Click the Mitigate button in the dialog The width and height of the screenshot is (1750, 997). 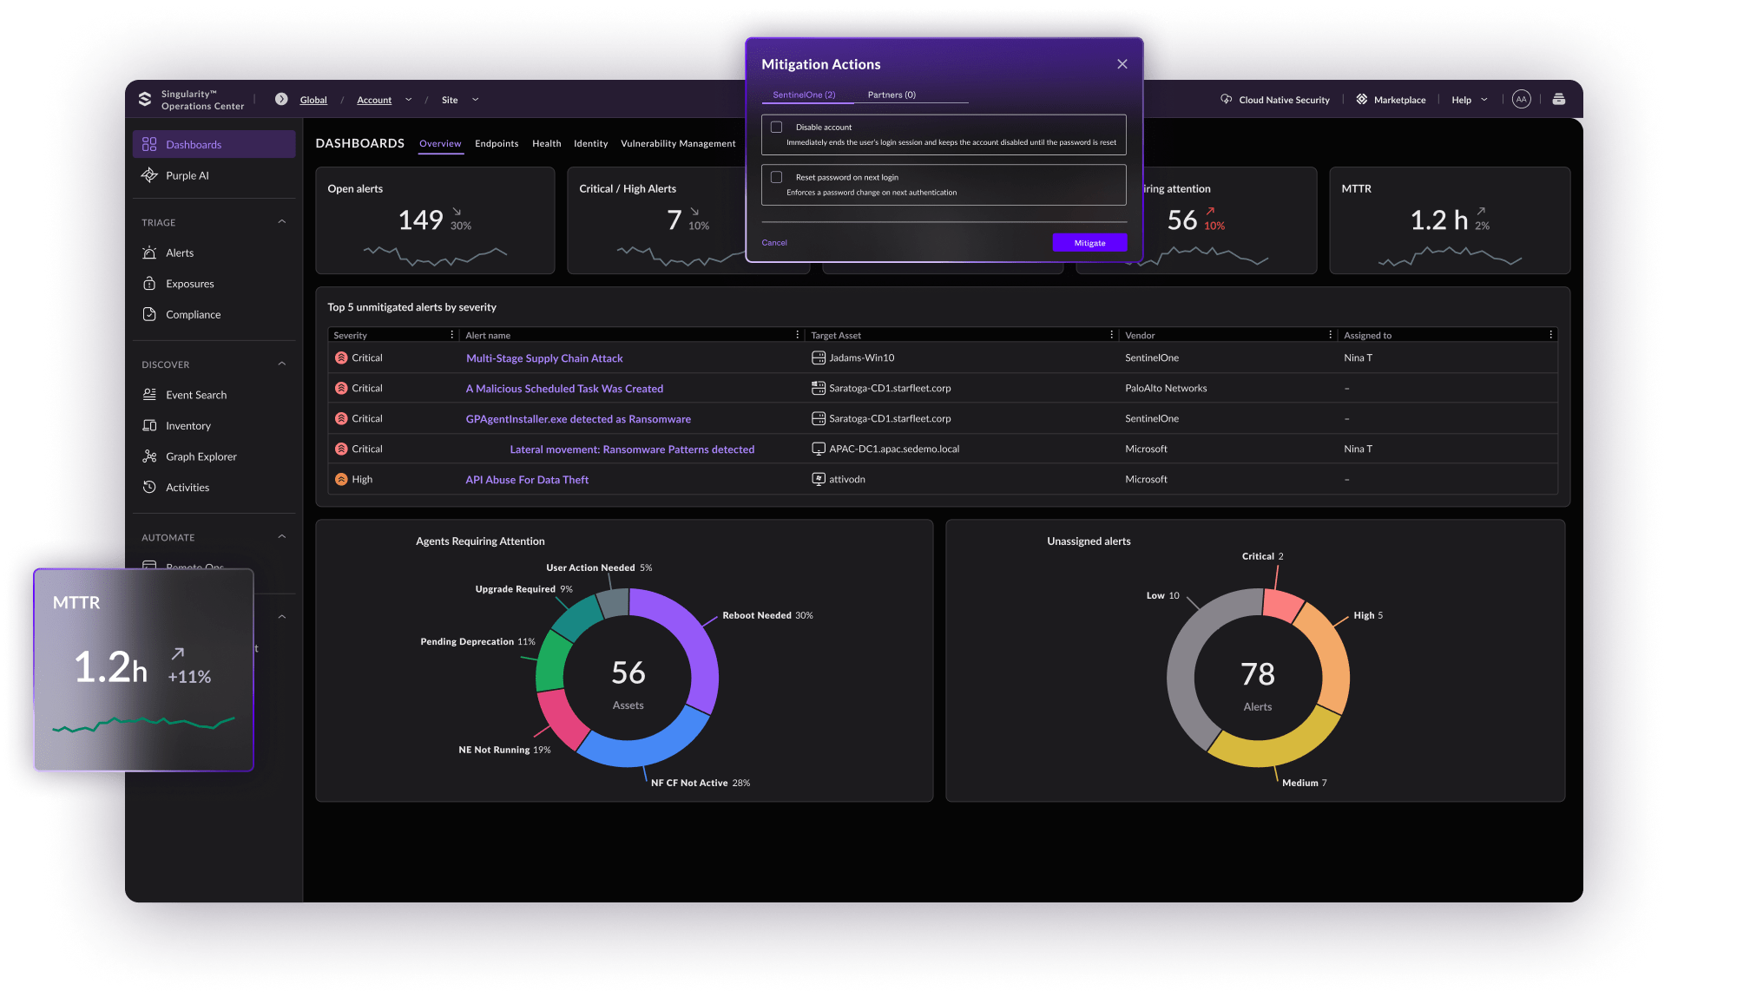[x=1089, y=243]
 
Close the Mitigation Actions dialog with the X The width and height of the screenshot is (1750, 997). [x=1122, y=64]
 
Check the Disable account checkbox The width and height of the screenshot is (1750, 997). [x=777, y=128]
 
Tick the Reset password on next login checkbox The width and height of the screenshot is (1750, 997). [x=777, y=177]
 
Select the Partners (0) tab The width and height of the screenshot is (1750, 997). [x=891, y=95]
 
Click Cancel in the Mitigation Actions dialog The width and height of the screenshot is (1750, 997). [x=774, y=243]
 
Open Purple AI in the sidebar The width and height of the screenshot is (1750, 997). [x=187, y=175]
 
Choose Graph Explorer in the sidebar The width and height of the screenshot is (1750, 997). [x=201, y=456]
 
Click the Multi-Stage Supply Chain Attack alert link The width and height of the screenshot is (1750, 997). [x=544, y=358]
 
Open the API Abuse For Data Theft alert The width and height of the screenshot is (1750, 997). [x=527, y=480]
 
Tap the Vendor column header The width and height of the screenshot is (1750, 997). [x=1140, y=336]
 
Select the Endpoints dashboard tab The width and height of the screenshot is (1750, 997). [x=497, y=144]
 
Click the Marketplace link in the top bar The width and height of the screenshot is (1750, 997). [x=1399, y=100]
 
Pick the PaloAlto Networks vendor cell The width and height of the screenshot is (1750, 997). [x=1166, y=389]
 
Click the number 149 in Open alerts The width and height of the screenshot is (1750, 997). [x=421, y=220]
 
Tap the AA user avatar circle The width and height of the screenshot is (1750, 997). [x=1521, y=100]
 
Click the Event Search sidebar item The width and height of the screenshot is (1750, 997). [x=196, y=395]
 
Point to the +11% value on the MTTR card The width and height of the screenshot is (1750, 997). [x=189, y=677]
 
